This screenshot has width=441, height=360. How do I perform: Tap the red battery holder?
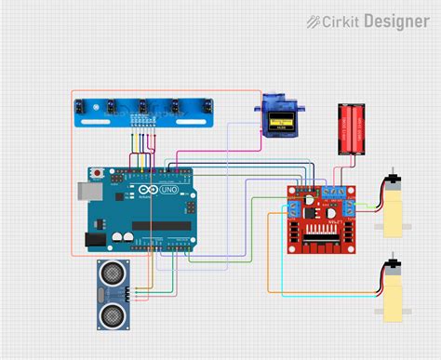pos(351,128)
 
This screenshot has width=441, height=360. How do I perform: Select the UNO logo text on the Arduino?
pos(169,190)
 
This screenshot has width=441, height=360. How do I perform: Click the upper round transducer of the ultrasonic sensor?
pos(113,277)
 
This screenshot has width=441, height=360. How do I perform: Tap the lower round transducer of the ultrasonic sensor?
pos(113,313)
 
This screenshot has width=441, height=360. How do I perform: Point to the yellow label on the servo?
pos(278,123)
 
